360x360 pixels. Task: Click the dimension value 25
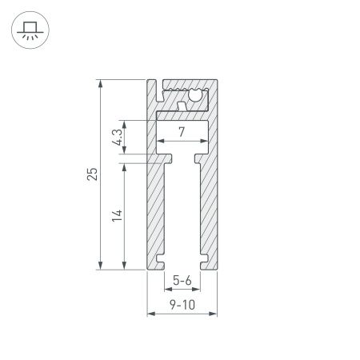(x=92, y=174)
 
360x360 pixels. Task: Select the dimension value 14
(x=117, y=214)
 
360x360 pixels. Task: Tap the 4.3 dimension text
(x=117, y=137)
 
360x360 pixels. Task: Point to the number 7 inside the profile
(x=182, y=133)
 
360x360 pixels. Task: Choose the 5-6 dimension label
(x=182, y=280)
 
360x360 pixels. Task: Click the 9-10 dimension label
(x=182, y=304)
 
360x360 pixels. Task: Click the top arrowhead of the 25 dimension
(x=100, y=82)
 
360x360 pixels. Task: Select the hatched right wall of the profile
(x=207, y=208)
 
